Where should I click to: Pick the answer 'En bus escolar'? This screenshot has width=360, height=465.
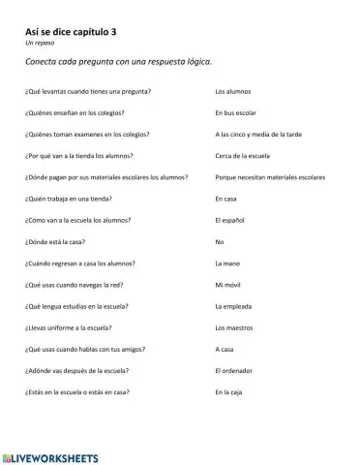(x=238, y=112)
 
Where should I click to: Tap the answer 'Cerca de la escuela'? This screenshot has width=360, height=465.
(x=245, y=155)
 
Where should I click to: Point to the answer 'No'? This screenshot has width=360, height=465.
(x=220, y=241)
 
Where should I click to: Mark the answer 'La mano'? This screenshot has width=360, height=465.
(x=226, y=263)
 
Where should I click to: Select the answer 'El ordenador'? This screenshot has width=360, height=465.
(x=235, y=371)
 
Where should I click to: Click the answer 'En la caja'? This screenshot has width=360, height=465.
(x=231, y=392)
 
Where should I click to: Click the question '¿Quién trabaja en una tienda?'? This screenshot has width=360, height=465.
(x=71, y=199)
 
